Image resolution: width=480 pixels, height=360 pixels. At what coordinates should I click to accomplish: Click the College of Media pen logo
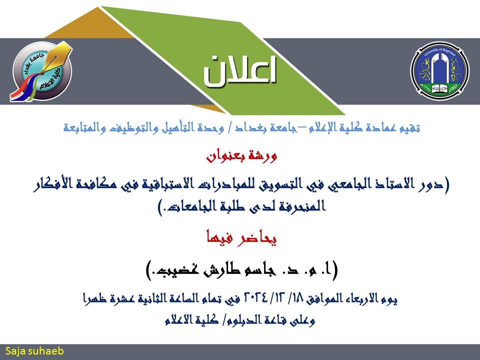pyautogui.click(x=41, y=71)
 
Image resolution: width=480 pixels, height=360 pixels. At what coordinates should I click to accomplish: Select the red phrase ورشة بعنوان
pyautogui.click(x=241, y=156)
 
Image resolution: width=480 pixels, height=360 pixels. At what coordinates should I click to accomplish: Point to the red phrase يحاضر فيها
pyautogui.click(x=241, y=238)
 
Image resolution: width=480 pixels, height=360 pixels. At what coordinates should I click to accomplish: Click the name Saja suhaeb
pyautogui.click(x=34, y=351)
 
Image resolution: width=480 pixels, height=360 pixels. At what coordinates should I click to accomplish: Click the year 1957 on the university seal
pyautogui.click(x=453, y=88)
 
